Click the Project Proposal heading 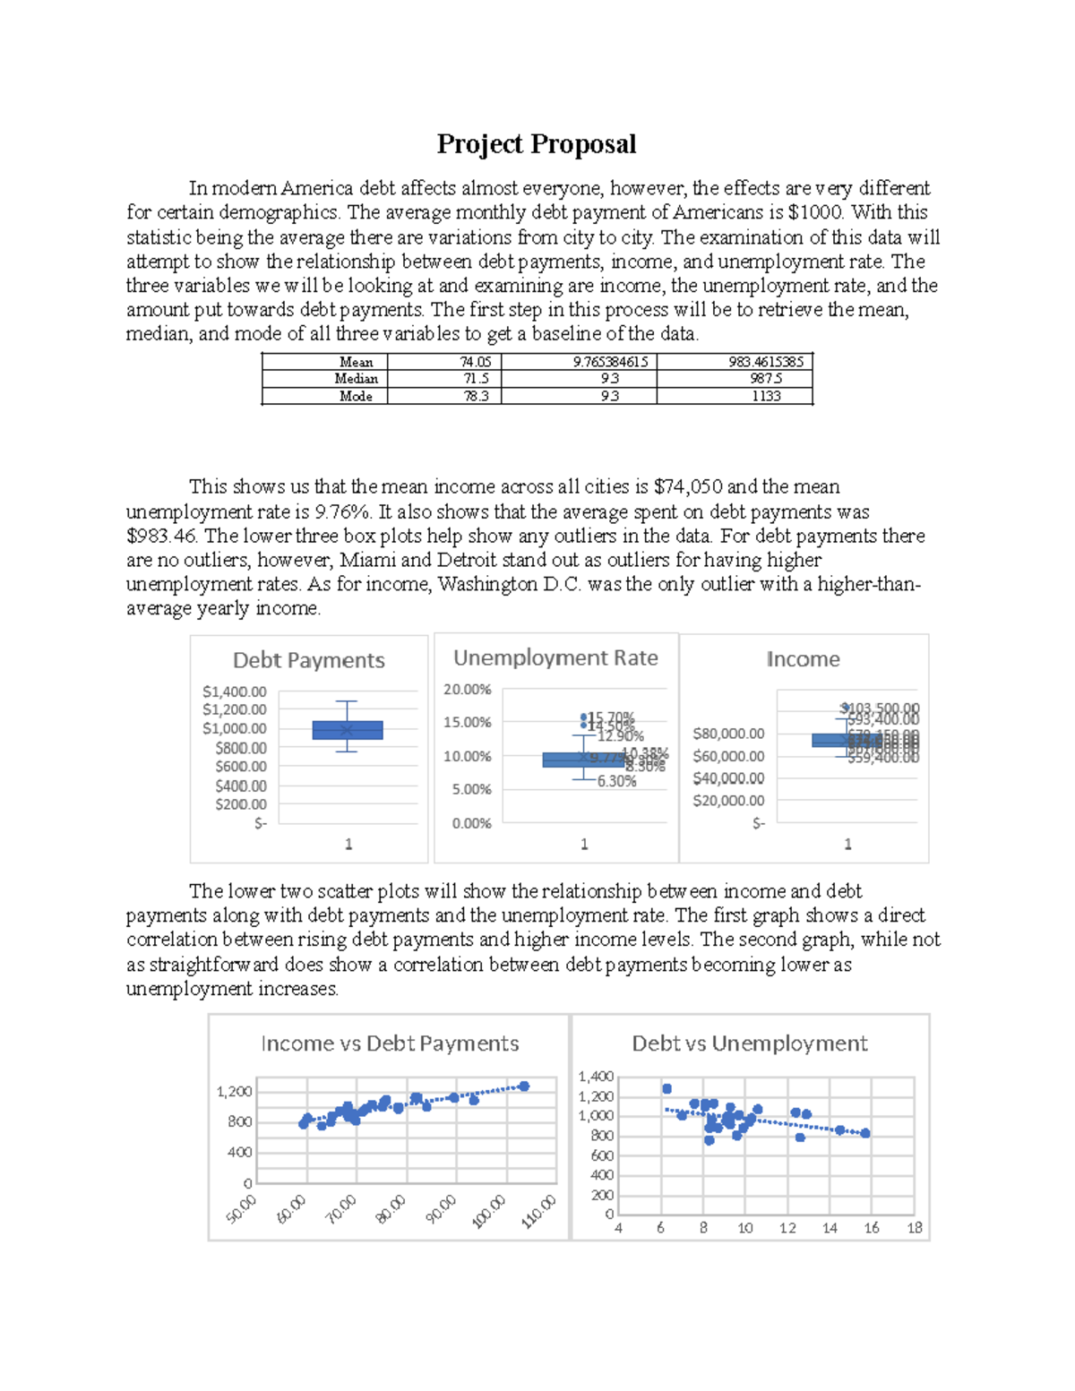point(536,144)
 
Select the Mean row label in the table point(356,362)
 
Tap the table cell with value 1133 point(766,396)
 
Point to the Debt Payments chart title point(309,660)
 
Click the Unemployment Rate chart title point(555,658)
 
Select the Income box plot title point(803,659)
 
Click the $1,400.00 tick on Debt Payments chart point(234,691)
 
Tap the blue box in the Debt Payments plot point(348,730)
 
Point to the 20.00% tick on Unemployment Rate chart point(467,690)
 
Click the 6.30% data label point(616,781)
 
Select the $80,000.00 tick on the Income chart point(728,734)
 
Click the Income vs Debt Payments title point(390,1043)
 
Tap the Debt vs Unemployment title point(750,1043)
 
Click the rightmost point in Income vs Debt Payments point(524,1086)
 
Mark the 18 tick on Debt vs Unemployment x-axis point(915,1228)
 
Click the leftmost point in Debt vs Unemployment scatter point(666,1089)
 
